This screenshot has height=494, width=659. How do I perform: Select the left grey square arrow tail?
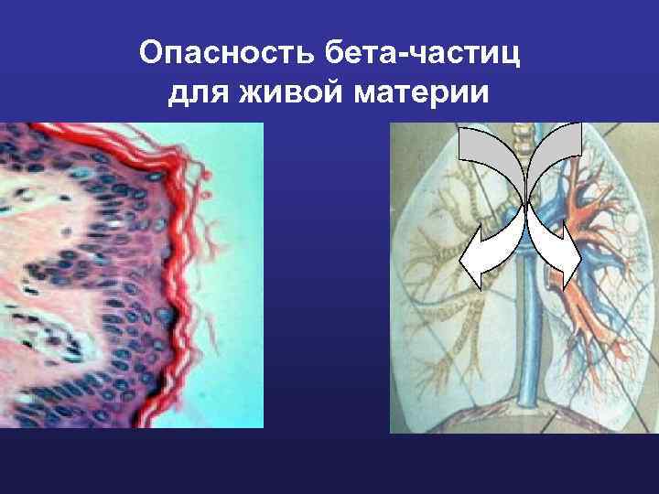tap(479, 142)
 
